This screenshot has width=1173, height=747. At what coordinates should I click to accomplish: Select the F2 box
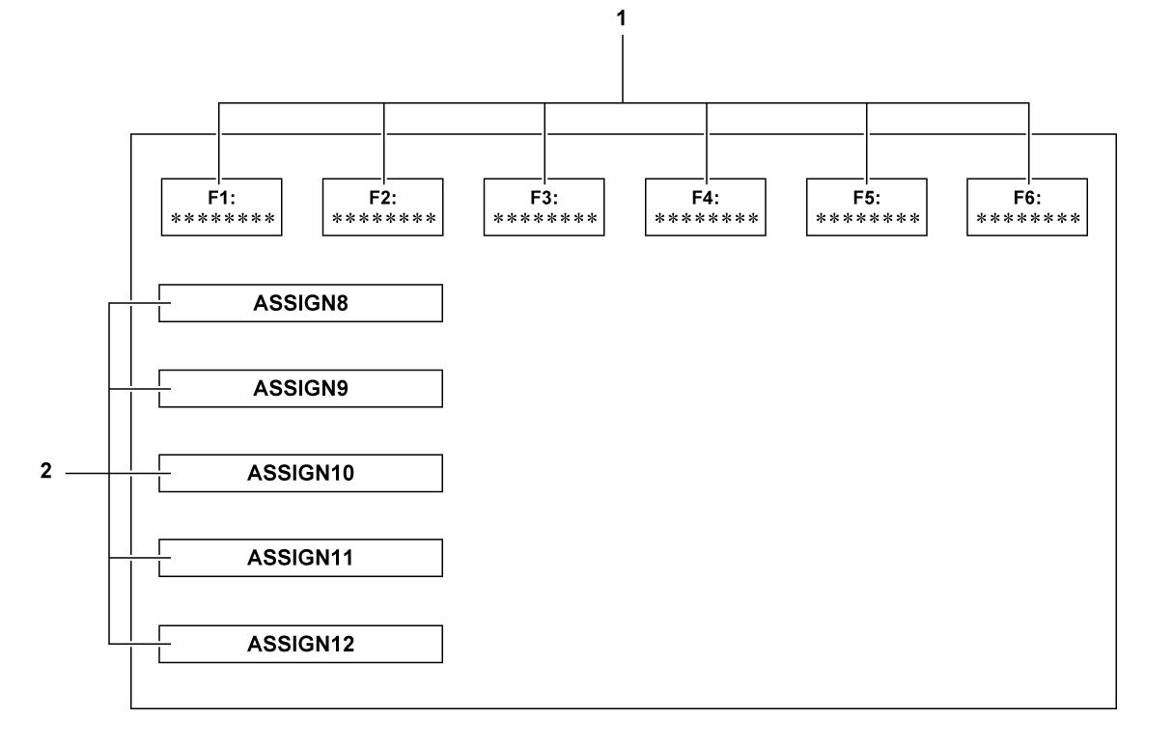pyautogui.click(x=383, y=207)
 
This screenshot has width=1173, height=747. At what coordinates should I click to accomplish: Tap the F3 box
pyautogui.click(x=545, y=207)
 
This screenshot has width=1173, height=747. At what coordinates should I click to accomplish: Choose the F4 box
pyautogui.click(x=706, y=207)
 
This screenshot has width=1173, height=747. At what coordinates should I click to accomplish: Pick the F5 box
pyautogui.click(x=867, y=207)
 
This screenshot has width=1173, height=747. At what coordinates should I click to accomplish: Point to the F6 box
pyautogui.click(x=1028, y=207)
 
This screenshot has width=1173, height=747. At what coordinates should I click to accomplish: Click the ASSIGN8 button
pyautogui.click(x=300, y=303)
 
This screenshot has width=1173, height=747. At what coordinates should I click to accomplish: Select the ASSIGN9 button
pyautogui.click(x=300, y=388)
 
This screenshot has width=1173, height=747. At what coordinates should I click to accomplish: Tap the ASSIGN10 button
pyautogui.click(x=300, y=474)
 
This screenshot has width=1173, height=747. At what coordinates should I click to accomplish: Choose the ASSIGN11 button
pyautogui.click(x=300, y=558)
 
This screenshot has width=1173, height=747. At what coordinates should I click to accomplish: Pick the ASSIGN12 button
pyautogui.click(x=300, y=644)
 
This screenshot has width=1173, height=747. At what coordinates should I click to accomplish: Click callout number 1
pyautogui.click(x=623, y=16)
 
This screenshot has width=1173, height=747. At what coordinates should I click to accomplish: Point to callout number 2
pyautogui.click(x=44, y=474)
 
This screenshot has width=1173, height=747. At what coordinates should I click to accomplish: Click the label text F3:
pyautogui.click(x=545, y=196)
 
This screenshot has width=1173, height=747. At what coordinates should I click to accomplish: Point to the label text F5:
pyautogui.click(x=867, y=196)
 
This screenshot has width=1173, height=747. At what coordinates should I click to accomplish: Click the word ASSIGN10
pyautogui.click(x=301, y=474)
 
